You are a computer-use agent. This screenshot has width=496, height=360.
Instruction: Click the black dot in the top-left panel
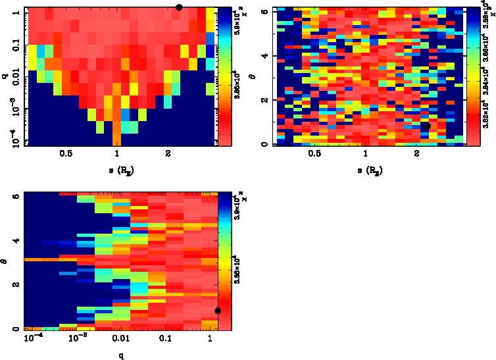(x=179, y=7)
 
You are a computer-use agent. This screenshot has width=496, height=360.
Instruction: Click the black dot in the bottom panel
(x=218, y=311)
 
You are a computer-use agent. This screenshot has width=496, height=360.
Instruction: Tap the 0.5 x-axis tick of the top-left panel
(x=66, y=154)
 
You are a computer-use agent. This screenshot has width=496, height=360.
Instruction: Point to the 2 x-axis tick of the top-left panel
(x=168, y=154)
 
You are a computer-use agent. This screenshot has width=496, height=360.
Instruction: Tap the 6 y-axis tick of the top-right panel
(x=264, y=12)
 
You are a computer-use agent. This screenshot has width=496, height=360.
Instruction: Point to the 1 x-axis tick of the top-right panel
(x=365, y=154)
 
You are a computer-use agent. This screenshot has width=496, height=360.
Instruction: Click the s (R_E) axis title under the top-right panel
(x=367, y=171)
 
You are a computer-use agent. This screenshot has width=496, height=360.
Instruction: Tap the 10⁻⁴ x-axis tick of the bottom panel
(x=31, y=338)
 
